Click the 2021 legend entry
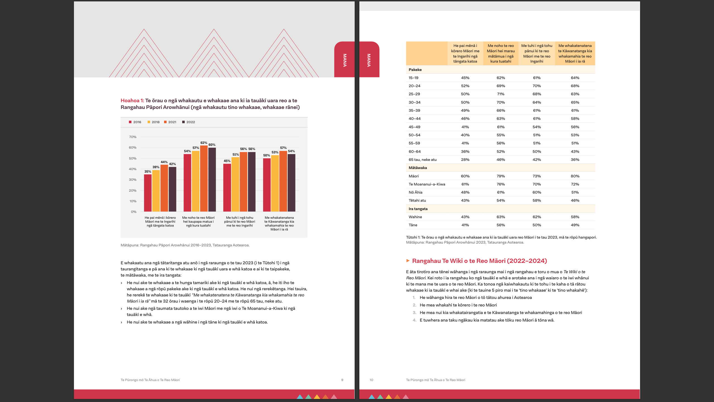(170, 122)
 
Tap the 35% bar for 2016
(148, 193)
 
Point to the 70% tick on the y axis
(133, 137)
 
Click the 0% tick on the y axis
(133, 212)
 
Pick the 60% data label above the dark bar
(212, 145)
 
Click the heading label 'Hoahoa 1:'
(132, 101)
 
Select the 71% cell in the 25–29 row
(501, 94)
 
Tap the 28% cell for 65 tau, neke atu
(465, 160)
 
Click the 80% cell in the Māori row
(575, 176)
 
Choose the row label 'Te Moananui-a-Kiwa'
(427, 184)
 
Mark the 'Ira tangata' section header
(418, 209)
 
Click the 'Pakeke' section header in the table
(415, 70)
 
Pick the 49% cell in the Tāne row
(575, 225)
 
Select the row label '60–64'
(414, 151)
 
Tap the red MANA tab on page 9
(345, 60)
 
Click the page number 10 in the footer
(371, 380)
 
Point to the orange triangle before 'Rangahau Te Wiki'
(408, 261)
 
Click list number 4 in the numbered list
(414, 320)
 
